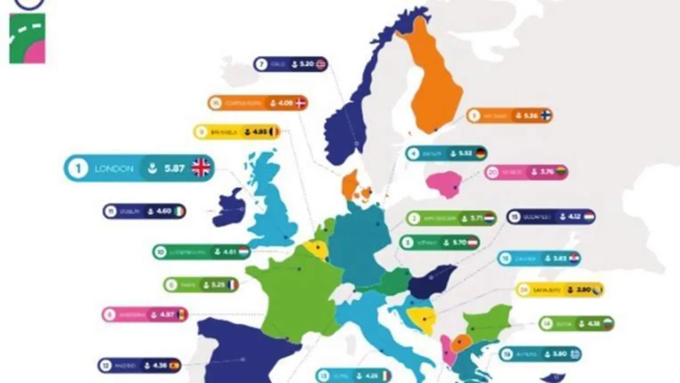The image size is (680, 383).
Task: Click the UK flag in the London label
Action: pos(201,168)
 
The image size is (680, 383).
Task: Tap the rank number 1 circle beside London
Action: pos(78,169)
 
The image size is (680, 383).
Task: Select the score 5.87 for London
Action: pos(174,169)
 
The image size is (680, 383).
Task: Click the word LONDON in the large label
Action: pos(114,169)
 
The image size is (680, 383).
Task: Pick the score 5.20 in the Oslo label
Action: pos(306,64)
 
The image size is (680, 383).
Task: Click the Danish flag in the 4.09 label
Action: pos(301,103)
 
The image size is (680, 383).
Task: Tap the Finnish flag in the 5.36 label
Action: pos(546,115)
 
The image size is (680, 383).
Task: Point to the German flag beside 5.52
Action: pos(481,154)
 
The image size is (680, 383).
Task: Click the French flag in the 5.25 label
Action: pos(231,285)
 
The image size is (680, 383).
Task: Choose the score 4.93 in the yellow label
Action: pos(260,131)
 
